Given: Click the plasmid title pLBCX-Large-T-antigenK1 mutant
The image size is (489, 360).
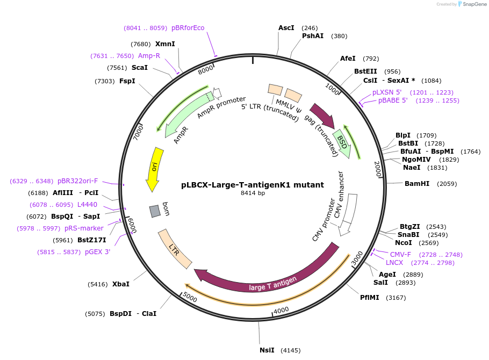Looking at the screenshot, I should [253, 185].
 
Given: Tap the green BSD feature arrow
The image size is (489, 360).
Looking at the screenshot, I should [342, 143].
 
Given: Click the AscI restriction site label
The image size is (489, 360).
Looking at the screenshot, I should [286, 28].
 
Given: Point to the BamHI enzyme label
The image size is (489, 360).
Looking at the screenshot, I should [416, 184].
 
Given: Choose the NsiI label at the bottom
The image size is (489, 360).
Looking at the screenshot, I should [267, 350].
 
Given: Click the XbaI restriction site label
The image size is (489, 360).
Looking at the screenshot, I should [120, 284].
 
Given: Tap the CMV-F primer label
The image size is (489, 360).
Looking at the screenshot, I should [400, 255].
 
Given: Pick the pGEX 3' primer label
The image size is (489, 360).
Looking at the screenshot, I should [97, 252].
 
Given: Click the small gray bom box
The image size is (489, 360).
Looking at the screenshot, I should [155, 211].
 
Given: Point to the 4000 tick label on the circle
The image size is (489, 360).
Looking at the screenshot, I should [282, 310].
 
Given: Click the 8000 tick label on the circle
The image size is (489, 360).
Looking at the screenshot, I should [206, 70].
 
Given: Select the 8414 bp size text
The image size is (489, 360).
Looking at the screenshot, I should [253, 193].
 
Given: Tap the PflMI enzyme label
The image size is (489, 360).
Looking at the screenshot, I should [370, 298].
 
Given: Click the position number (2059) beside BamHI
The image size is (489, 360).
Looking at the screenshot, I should [447, 184].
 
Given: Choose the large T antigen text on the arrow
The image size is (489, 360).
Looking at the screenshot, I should [272, 284].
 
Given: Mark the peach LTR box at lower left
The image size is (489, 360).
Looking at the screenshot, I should [175, 249].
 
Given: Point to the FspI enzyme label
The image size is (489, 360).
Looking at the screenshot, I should [127, 81].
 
